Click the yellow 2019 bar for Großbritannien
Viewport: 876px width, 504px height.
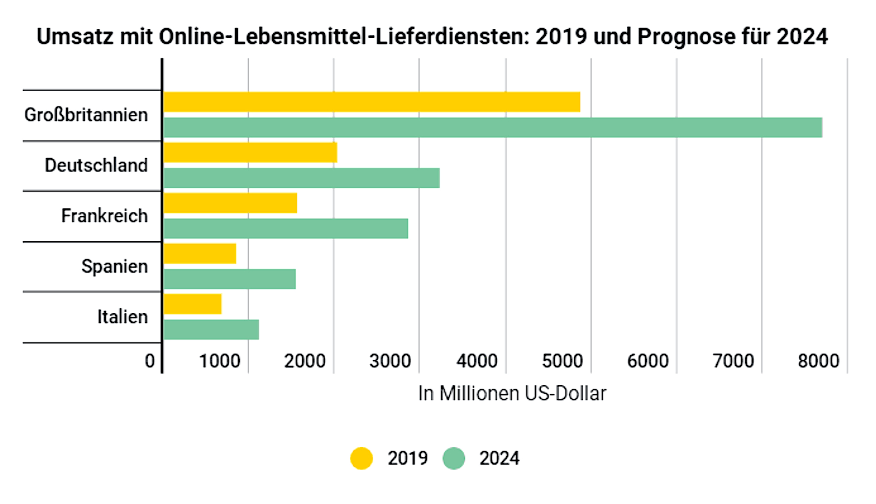pyautogui.click(x=371, y=102)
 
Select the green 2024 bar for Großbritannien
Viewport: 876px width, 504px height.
pyautogui.click(x=493, y=127)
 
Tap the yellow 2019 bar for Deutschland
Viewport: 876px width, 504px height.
pyautogui.click(x=250, y=153)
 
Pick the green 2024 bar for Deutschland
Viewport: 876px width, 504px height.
pyautogui.click(x=301, y=178)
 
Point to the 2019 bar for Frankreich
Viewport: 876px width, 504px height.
pyautogui.click(x=230, y=203)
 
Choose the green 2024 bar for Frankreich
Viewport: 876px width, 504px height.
pyautogui.click(x=286, y=229)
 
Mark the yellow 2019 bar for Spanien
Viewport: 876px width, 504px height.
pyautogui.click(x=200, y=254)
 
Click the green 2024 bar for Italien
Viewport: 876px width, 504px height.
pyautogui.click(x=211, y=330)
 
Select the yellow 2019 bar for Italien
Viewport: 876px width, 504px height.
pyautogui.click(x=192, y=304)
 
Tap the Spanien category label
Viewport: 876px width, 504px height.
pyautogui.click(x=114, y=266)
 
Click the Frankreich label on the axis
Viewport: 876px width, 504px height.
pyautogui.click(x=104, y=216)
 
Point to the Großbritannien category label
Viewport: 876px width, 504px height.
pyautogui.click(x=86, y=115)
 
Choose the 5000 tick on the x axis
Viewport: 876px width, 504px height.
pyautogui.click(x=562, y=361)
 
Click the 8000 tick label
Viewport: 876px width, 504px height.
pyautogui.click(x=818, y=361)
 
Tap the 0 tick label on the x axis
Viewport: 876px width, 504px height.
pyautogui.click(x=150, y=361)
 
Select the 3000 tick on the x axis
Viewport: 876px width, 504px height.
pyautogui.click(x=390, y=361)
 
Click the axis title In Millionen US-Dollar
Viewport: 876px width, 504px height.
pyautogui.click(x=512, y=393)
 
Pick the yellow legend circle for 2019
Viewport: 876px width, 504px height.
pyautogui.click(x=362, y=458)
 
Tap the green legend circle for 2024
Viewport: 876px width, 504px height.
pyautogui.click(x=454, y=458)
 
